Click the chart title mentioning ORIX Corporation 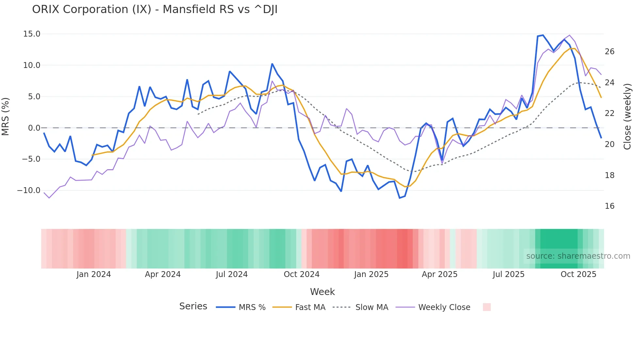(155, 9)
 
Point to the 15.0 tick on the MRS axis (32, 34)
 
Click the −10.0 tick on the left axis (29, 190)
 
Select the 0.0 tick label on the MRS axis (34, 128)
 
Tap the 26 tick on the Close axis (609, 51)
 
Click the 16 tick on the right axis (609, 206)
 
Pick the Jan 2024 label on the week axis (94, 274)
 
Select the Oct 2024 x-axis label (301, 274)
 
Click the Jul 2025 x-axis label (508, 274)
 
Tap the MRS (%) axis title (6, 117)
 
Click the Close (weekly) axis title (627, 117)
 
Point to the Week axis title (322, 292)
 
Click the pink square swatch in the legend (487, 307)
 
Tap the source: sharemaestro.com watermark (578, 256)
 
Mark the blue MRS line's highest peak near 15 (543, 35)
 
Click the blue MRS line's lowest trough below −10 (400, 198)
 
